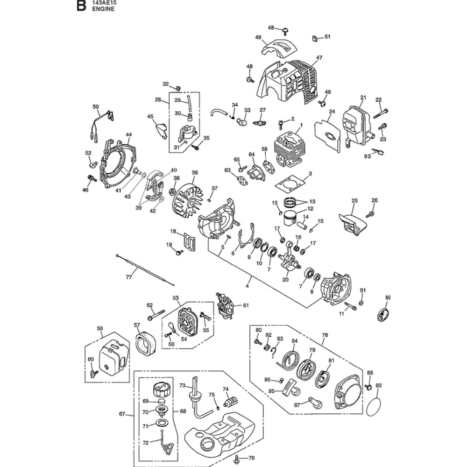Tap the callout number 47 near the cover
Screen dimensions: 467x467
pos(319,58)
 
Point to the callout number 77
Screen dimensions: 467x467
pos(129,277)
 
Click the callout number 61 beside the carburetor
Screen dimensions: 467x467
pos(246,305)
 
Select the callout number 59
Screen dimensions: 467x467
pos(99,328)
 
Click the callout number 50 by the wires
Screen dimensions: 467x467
pos(96,107)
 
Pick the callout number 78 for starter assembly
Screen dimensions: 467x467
pos(325,335)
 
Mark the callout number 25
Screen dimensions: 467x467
pos(354,201)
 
